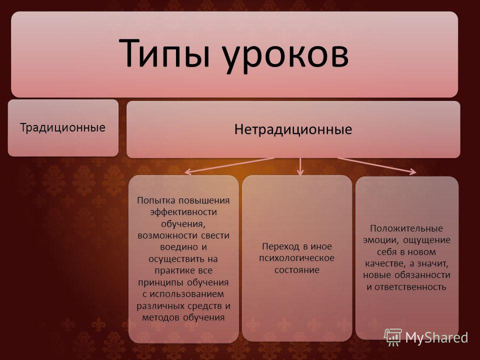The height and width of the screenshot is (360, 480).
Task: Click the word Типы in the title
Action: coord(164,52)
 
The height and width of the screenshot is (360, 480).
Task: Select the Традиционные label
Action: coord(63,127)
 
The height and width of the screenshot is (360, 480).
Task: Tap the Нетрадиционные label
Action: coord(293,129)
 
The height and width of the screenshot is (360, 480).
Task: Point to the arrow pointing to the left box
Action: coord(229,165)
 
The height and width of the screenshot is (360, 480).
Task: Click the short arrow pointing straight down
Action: coord(300,166)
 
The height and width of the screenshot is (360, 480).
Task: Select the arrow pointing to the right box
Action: coord(377,166)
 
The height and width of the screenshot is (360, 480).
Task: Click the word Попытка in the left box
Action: coord(156,200)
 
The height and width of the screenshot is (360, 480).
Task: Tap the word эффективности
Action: coord(183,212)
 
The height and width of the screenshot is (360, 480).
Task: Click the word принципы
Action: coord(161,282)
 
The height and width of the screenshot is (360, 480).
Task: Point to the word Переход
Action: coord(281,246)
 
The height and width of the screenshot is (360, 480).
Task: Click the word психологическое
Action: coord(296,258)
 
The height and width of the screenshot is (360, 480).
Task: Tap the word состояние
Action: coord(296,270)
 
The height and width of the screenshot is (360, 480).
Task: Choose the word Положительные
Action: coord(406,228)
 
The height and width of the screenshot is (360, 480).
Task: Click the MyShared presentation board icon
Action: coord(393,337)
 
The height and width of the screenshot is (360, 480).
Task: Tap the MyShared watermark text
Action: coord(436,337)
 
